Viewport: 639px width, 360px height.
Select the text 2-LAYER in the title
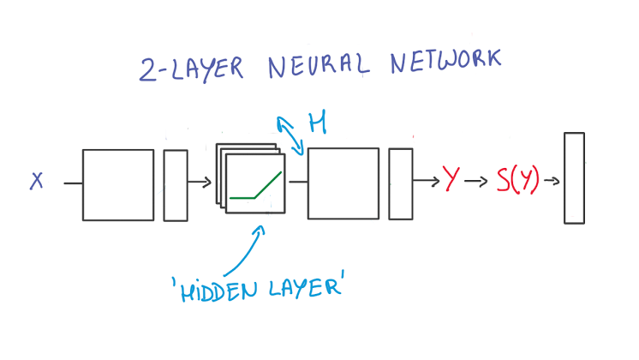tap(187, 69)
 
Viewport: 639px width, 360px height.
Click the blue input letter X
tap(37, 181)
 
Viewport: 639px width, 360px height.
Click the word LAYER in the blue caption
tap(304, 284)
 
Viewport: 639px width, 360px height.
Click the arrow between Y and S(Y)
tap(476, 182)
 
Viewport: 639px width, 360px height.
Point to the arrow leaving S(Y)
tap(552, 181)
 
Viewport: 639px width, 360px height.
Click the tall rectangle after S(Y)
tap(574, 177)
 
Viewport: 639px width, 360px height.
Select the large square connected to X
tap(118, 185)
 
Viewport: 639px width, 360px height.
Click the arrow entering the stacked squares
tap(200, 182)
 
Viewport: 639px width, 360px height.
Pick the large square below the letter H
tap(343, 183)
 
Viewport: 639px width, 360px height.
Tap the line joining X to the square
tap(73, 182)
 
